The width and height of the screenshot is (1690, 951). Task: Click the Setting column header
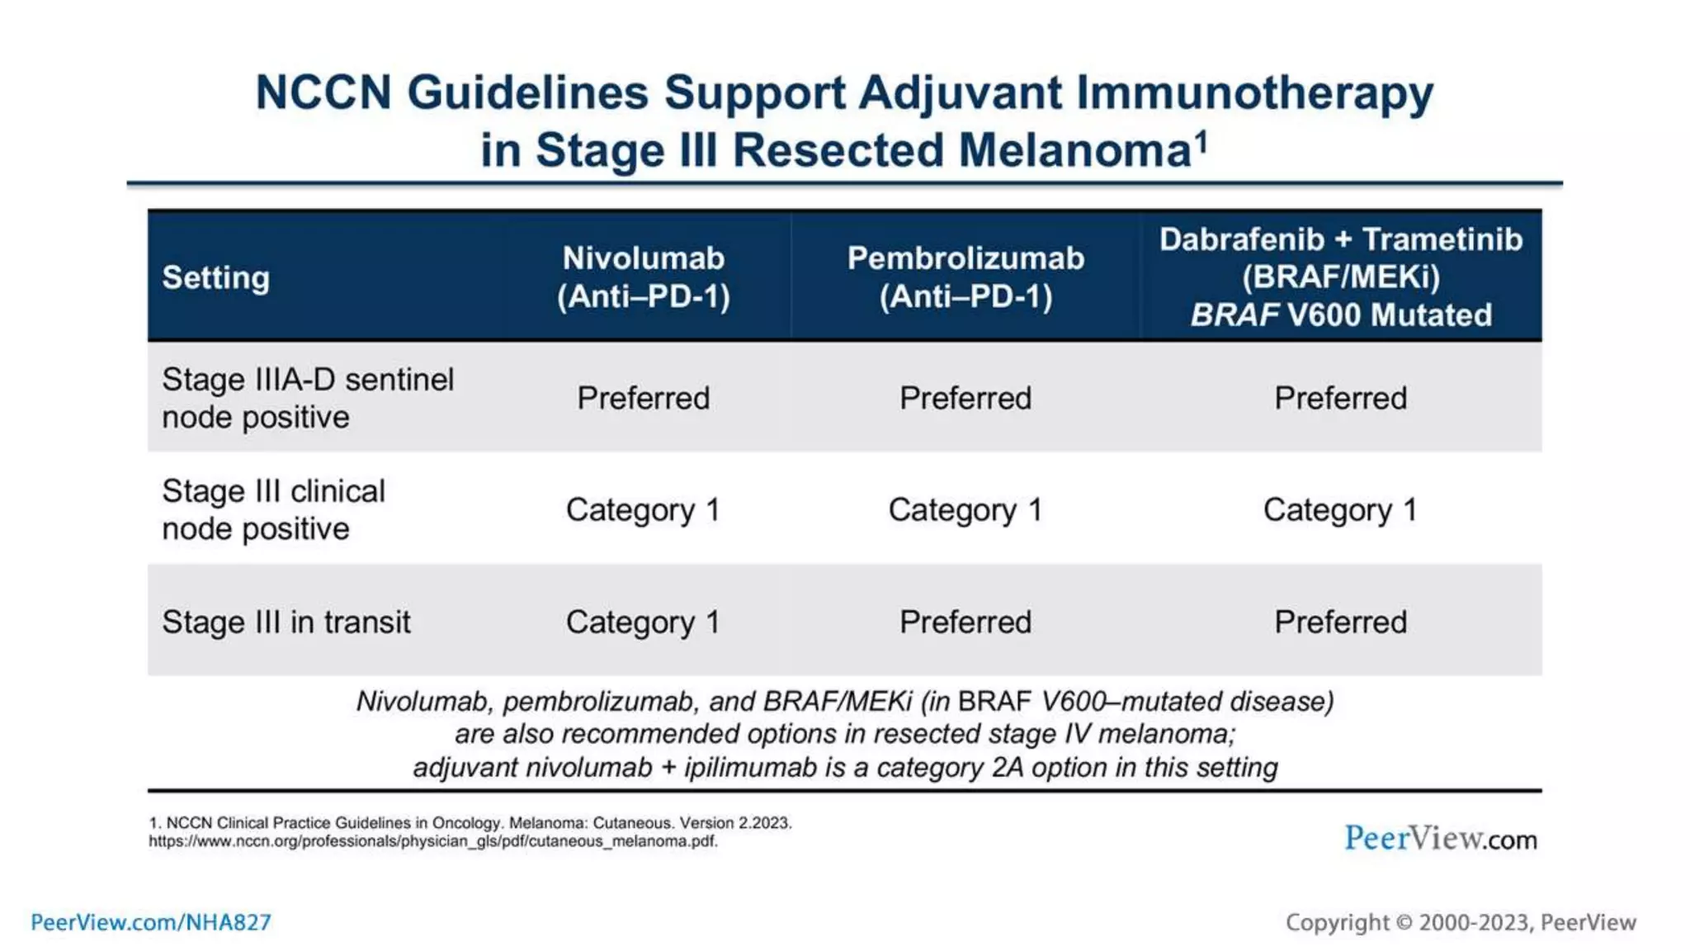(x=216, y=277)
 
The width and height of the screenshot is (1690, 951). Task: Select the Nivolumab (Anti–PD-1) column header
(x=644, y=277)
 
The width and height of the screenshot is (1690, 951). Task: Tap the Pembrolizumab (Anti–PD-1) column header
(x=965, y=277)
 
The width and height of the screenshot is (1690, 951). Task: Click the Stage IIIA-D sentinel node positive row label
(x=308, y=398)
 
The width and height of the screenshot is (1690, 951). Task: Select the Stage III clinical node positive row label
(x=273, y=509)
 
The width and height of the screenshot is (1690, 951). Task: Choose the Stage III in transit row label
(x=286, y=622)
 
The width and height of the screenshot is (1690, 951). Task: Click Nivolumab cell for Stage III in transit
(x=643, y=622)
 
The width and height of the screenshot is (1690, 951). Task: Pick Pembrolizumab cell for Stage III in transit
(x=965, y=622)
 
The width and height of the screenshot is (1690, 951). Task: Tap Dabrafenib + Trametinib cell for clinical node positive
(x=1340, y=510)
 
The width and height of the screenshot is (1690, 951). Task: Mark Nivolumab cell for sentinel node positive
(x=643, y=398)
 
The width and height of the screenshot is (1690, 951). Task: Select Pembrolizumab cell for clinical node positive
(x=965, y=510)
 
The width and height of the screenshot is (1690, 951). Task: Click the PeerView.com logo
(x=1441, y=838)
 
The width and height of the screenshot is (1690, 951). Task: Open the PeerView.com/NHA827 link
(x=151, y=922)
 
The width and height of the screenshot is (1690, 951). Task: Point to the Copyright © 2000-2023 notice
(x=1461, y=922)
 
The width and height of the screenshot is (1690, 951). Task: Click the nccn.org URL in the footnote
(x=433, y=841)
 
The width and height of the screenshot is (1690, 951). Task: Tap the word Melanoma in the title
(x=1074, y=150)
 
